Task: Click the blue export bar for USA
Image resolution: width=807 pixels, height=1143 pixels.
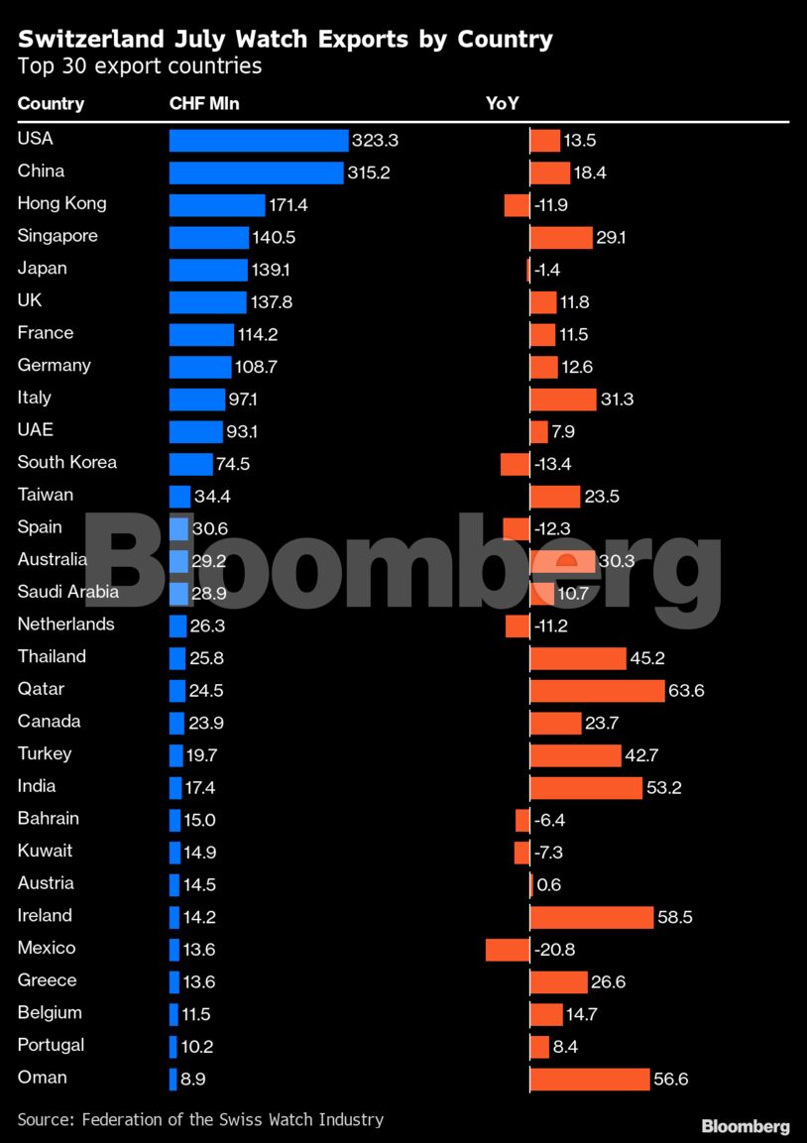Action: click(x=258, y=141)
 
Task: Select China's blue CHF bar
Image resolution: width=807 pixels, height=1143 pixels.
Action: click(x=256, y=172)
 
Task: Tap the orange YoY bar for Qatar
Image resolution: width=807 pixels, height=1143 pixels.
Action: click(x=597, y=691)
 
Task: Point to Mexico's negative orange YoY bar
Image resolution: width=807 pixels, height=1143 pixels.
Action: click(x=508, y=950)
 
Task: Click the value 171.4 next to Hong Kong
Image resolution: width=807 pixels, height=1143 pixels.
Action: click(x=288, y=205)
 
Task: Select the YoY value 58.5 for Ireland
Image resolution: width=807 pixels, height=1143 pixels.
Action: click(x=675, y=917)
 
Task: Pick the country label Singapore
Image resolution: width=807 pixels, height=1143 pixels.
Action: click(x=58, y=236)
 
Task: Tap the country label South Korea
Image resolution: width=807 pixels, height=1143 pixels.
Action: click(x=67, y=462)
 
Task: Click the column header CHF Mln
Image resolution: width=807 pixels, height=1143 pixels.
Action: click(x=204, y=104)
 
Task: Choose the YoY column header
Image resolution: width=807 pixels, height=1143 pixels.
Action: click(x=503, y=104)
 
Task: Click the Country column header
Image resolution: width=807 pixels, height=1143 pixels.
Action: click(x=51, y=104)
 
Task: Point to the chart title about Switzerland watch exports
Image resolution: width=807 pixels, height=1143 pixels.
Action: click(x=286, y=40)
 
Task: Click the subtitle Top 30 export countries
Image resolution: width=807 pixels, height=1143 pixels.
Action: click(x=140, y=66)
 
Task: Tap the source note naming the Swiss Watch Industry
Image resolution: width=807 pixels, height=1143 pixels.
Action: click(x=200, y=1119)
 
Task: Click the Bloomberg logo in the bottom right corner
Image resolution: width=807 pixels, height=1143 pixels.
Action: click(x=746, y=1126)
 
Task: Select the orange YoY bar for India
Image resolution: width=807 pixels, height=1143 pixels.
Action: click(x=586, y=788)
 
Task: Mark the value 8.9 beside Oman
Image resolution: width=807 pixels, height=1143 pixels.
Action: click(x=193, y=1079)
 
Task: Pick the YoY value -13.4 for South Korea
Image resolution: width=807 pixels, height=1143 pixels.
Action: click(x=552, y=464)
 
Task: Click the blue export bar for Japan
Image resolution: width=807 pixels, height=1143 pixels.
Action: click(x=208, y=270)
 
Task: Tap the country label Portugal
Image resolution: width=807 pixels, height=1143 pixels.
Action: click(x=51, y=1045)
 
